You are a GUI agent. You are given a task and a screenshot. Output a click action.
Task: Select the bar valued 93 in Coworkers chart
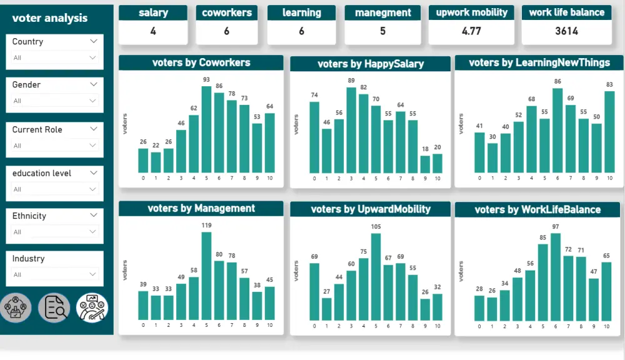point(206,130)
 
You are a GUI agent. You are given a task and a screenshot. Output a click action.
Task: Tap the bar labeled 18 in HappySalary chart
point(425,164)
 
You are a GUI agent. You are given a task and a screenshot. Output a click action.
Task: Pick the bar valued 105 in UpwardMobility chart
point(376,276)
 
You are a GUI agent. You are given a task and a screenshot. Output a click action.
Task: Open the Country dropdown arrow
point(94,41)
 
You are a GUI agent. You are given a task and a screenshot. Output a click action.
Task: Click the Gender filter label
point(27,85)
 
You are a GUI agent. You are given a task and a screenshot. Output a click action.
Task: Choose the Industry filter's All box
point(55,274)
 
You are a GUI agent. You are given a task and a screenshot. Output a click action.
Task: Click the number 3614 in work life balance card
point(566,31)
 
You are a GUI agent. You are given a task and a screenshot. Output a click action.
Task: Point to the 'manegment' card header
point(383,12)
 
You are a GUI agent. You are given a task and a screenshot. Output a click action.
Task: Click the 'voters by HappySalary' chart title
point(371,64)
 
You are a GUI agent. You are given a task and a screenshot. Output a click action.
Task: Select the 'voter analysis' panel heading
point(50,18)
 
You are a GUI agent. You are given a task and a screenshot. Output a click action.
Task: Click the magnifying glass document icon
point(54,307)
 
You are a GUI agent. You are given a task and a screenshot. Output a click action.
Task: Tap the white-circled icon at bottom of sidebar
point(92,307)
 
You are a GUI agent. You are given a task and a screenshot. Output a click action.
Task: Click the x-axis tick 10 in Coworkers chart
point(269,178)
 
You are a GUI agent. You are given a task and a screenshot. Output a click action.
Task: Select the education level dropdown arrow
point(94,173)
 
